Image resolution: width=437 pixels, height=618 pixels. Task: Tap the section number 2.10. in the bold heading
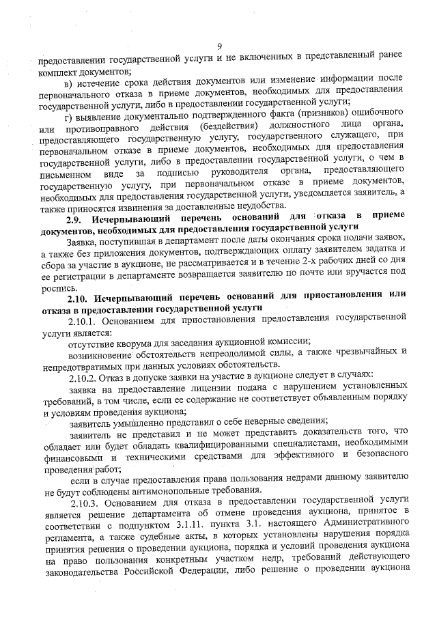(x=79, y=298)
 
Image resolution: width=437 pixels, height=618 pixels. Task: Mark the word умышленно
(x=139, y=422)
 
